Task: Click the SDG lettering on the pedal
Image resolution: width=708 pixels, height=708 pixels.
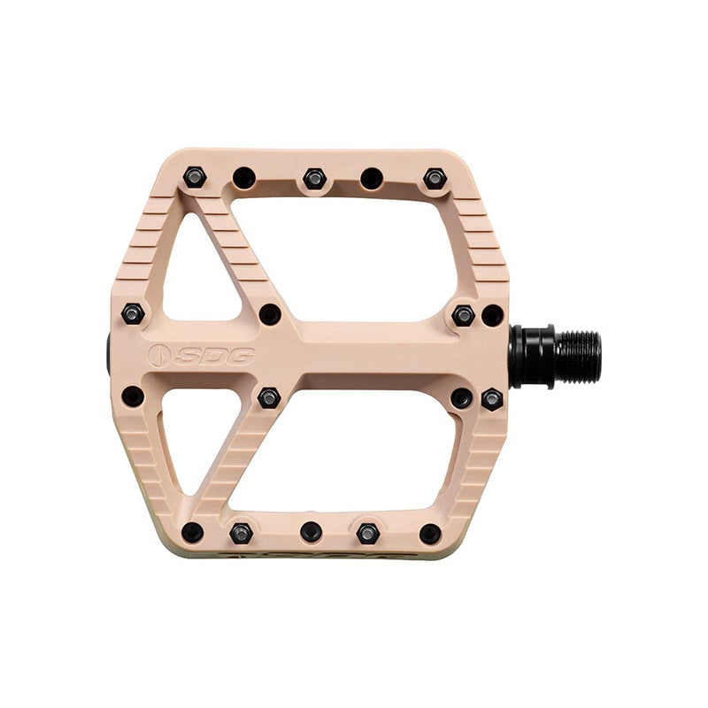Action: pyautogui.click(x=215, y=356)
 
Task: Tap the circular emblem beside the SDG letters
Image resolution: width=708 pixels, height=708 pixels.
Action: pyautogui.click(x=159, y=356)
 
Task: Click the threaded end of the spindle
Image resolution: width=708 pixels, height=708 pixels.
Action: pyautogui.click(x=578, y=356)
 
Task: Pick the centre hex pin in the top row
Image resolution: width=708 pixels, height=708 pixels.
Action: pyautogui.click(x=314, y=178)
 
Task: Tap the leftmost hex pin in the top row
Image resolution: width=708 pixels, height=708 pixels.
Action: pyautogui.click(x=195, y=178)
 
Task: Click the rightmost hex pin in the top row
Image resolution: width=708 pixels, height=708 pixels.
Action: pyautogui.click(x=434, y=178)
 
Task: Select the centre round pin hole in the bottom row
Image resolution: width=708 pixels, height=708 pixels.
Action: pyautogui.click(x=311, y=532)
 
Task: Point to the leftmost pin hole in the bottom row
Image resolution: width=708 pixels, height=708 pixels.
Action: pyautogui.click(x=192, y=532)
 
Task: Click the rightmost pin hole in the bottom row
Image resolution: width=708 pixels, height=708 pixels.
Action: pyautogui.click(x=430, y=532)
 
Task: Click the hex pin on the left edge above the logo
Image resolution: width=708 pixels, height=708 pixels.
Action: pyautogui.click(x=134, y=313)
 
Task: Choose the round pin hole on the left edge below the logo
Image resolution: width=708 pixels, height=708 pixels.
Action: pyautogui.click(x=133, y=396)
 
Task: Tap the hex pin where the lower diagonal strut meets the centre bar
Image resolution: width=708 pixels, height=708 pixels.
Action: pyautogui.click(x=269, y=397)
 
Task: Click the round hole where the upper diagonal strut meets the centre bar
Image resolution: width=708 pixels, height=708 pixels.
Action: pyautogui.click(x=270, y=314)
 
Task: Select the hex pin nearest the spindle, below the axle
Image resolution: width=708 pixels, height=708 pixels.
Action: pyautogui.click(x=492, y=399)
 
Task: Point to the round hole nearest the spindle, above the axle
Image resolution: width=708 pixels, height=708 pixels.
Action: pyautogui.click(x=492, y=314)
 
